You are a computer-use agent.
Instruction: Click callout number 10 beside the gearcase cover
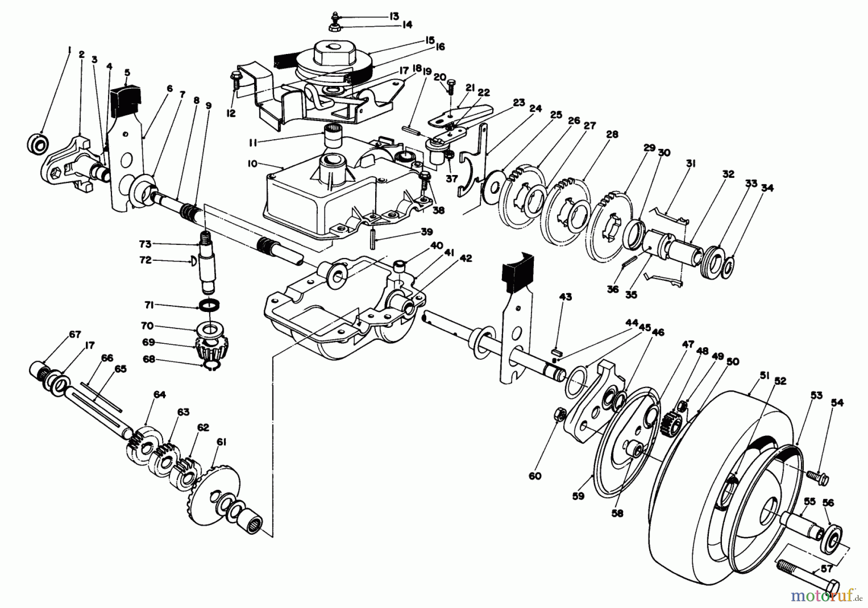pyautogui.click(x=252, y=164)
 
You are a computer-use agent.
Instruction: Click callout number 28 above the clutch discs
pyautogui.click(x=612, y=135)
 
